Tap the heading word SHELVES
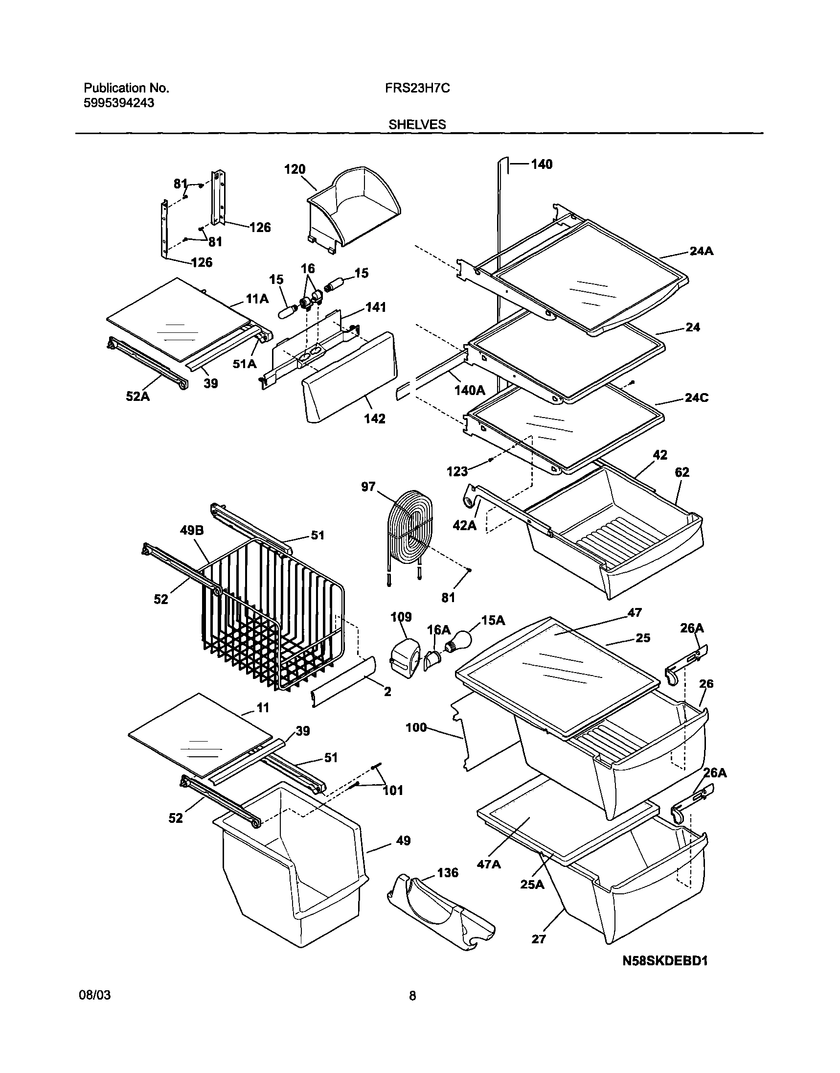[x=417, y=125]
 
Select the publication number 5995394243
[x=118, y=103]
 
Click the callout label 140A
[x=470, y=391]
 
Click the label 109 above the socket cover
[x=401, y=617]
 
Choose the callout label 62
[x=681, y=472]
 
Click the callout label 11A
[x=257, y=299]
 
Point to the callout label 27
[x=539, y=939]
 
